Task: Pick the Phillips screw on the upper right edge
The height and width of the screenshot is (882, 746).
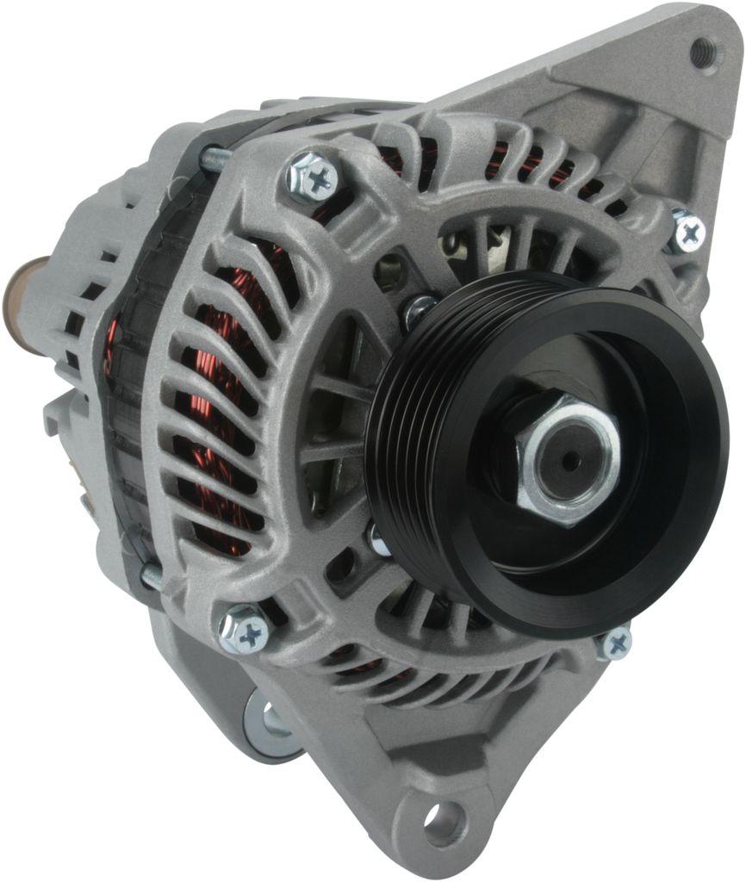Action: [689, 231]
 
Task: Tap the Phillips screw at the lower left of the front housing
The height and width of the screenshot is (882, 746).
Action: [246, 634]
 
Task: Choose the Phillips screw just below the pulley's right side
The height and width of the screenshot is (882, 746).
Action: [615, 643]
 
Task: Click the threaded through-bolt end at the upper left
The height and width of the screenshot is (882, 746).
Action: [215, 158]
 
